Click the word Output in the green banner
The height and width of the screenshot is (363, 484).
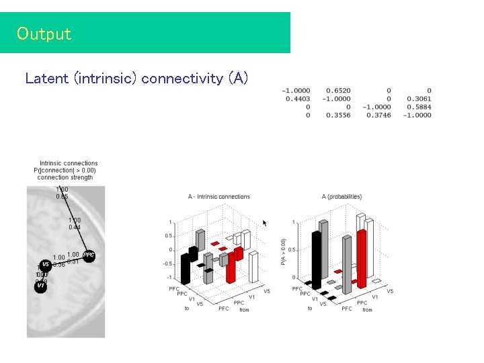[x=44, y=34]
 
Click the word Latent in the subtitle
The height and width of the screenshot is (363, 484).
[x=47, y=79]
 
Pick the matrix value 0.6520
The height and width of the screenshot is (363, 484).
[x=337, y=91]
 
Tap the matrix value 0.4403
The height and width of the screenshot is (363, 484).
[x=298, y=99]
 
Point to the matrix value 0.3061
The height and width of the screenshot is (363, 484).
[x=418, y=99]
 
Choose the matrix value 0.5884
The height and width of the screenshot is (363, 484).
[x=418, y=107]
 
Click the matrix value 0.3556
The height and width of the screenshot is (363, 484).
[x=337, y=115]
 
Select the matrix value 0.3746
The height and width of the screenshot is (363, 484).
[x=378, y=115]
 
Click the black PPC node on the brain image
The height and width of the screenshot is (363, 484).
[x=88, y=255]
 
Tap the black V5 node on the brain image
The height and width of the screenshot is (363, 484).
[x=45, y=264]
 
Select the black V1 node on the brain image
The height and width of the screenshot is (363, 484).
[x=40, y=286]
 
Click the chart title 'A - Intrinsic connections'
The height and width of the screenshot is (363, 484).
[x=218, y=197]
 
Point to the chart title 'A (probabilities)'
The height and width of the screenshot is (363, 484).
[x=341, y=197]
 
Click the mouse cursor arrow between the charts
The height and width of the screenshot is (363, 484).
[x=265, y=223]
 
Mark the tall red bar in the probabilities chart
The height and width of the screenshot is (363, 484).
[x=361, y=259]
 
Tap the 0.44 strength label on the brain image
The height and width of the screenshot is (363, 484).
[x=74, y=227]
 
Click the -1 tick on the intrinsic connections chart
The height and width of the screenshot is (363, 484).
[x=169, y=278]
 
